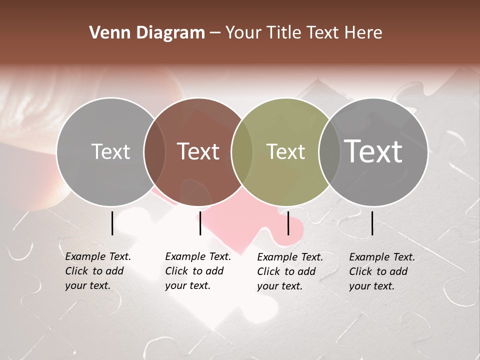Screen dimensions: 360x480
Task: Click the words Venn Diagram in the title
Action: (x=147, y=33)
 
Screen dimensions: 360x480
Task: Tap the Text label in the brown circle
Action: (x=198, y=151)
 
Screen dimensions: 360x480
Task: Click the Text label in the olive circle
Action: (x=285, y=151)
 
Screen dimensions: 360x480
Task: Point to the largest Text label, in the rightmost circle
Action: (x=373, y=151)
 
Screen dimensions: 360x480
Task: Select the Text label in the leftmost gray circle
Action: (x=110, y=151)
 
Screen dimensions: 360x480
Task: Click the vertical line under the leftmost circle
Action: (x=112, y=223)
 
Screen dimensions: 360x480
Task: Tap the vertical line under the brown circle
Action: (x=200, y=223)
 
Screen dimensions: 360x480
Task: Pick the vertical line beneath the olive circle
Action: (x=288, y=223)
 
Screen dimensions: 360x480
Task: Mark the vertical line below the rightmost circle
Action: (x=372, y=223)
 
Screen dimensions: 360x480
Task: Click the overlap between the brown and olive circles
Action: (x=242, y=151)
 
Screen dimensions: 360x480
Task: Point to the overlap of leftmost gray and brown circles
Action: (x=154, y=151)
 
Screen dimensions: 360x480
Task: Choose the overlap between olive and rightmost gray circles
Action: (x=329, y=151)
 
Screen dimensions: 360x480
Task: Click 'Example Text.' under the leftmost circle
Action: (x=98, y=257)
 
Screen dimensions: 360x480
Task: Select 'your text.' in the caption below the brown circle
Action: (x=187, y=286)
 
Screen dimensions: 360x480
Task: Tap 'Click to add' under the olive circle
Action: (x=286, y=271)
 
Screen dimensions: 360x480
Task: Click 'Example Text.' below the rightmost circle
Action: (x=382, y=257)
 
